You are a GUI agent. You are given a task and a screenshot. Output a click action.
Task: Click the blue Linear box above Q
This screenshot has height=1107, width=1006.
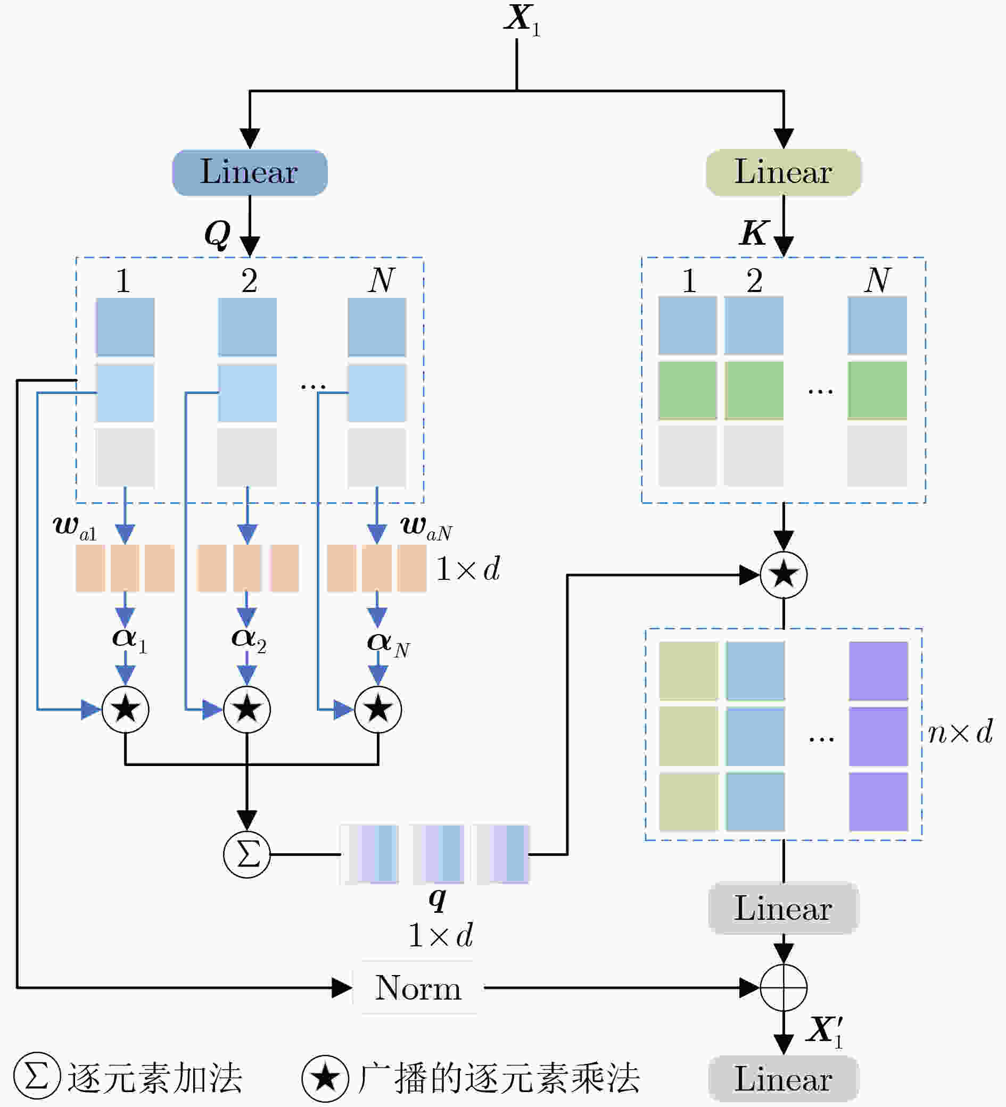pos(250,172)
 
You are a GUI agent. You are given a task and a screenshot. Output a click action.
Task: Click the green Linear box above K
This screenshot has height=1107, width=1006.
pos(784,172)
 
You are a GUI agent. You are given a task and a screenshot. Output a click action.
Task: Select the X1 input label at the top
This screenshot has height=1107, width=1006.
pos(523,20)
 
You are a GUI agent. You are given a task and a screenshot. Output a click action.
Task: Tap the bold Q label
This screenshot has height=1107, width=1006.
pos(218,235)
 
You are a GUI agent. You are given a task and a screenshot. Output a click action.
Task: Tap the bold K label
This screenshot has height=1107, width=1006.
pos(753,233)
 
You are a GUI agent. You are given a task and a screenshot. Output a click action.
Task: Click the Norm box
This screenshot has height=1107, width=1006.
pos(418,988)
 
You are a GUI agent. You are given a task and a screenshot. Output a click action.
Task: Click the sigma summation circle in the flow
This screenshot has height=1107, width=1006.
pos(246,854)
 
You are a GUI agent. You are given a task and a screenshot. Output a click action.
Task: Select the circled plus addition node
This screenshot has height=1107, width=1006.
pos(784,988)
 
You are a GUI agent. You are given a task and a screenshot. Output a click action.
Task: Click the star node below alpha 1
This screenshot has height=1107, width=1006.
pos(125,710)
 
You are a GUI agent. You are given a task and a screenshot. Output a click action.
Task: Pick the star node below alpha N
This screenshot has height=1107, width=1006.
pos(378,710)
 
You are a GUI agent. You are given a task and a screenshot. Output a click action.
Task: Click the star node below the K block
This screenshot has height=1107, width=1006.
pos(784,575)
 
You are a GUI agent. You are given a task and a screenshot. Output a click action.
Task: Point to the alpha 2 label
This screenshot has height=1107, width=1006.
pos(249,640)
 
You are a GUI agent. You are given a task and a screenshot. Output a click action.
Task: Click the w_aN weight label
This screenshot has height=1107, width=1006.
pos(426,527)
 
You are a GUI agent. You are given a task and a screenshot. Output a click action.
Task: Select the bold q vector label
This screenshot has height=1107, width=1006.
pos(438,899)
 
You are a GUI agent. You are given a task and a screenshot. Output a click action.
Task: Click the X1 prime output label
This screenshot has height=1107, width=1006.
pos(824,1031)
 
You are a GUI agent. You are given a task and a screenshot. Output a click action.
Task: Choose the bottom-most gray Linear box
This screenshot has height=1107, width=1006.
pos(784,1079)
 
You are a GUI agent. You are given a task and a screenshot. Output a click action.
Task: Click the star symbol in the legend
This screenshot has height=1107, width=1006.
pos(325,1078)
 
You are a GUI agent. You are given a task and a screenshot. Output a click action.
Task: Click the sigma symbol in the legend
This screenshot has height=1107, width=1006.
pos(37,1076)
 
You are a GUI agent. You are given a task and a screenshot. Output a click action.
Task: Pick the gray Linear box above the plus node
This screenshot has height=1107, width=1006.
pos(784,909)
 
